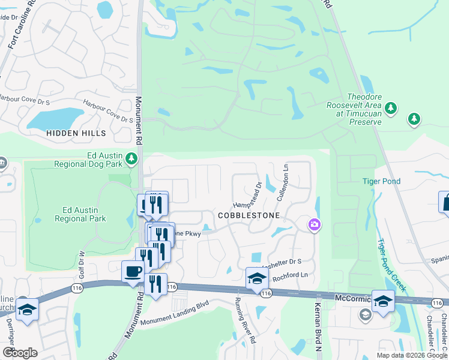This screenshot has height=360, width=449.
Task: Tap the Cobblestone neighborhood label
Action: point(249,215)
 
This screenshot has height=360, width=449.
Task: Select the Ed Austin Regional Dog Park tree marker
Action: point(131,159)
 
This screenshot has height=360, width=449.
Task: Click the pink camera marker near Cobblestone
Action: point(314,225)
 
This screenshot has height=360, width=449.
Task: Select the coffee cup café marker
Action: point(133,272)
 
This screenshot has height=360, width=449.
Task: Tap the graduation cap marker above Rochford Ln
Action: point(257,278)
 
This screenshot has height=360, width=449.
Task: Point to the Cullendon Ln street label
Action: point(283,184)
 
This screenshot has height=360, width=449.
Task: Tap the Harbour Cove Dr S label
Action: point(108,112)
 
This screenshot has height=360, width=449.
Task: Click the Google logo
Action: point(20,353)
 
